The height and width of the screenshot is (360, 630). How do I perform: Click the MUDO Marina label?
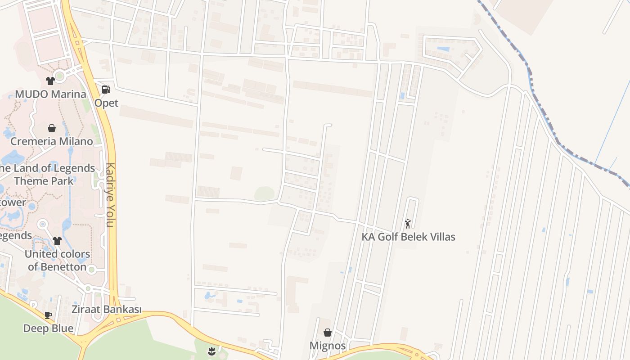tap(50, 94)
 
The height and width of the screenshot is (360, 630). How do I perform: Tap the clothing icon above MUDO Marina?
tap(50, 81)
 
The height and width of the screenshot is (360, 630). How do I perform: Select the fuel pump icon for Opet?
tap(106, 90)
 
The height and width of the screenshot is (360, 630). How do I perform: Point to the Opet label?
tap(106, 103)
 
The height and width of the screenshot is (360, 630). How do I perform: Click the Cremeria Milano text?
tap(52, 141)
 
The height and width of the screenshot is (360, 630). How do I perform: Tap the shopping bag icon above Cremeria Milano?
tap(52, 128)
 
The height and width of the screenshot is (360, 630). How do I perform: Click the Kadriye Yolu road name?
tap(110, 194)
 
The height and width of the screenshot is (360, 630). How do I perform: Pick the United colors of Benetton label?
tap(57, 260)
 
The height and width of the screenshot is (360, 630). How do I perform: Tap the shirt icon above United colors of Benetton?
tap(57, 241)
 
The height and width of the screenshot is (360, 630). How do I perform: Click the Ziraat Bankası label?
tap(106, 310)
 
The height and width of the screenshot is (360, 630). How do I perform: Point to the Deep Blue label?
tap(48, 328)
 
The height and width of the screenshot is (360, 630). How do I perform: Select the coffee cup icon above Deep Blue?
tap(48, 315)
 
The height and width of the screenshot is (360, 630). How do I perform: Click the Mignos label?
tap(328, 346)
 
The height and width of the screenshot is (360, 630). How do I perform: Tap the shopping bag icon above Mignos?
tap(328, 333)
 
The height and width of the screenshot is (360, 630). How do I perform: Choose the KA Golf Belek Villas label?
tap(409, 237)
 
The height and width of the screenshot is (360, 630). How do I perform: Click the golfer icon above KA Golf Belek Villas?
tap(408, 223)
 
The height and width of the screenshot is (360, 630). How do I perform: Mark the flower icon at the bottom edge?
tap(211, 350)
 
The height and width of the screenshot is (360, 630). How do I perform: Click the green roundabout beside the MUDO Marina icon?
tap(60, 76)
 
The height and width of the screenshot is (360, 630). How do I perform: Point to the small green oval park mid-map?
tap(264, 194)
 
